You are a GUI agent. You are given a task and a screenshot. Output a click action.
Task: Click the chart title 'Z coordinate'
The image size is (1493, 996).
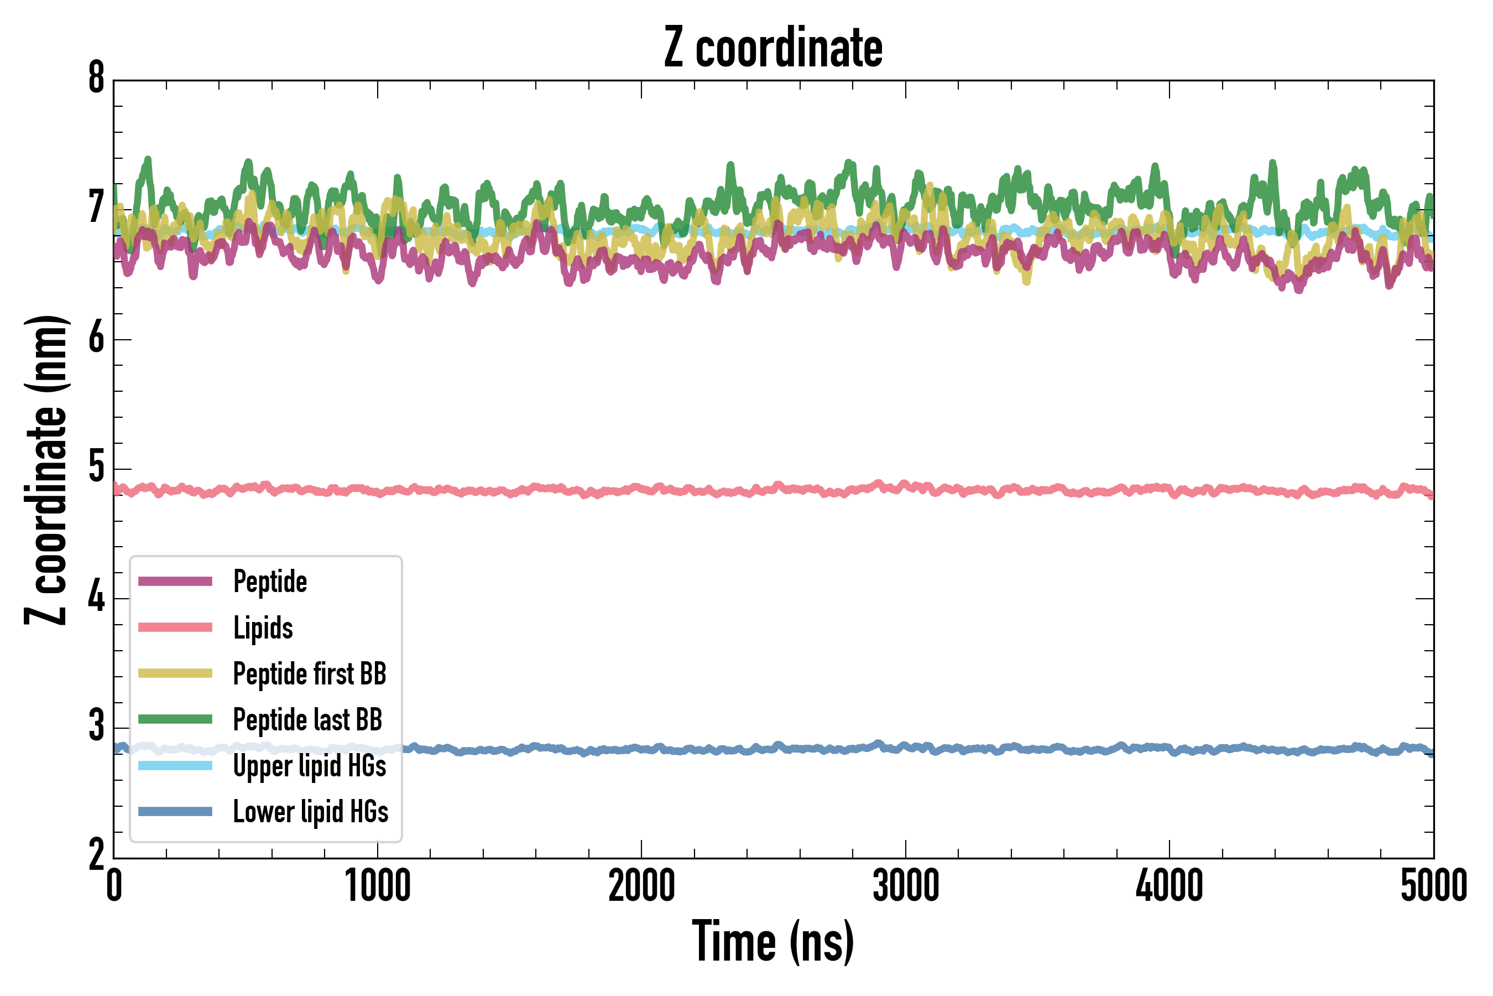772,48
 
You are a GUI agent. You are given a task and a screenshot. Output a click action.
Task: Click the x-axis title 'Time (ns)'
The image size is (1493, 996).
772,941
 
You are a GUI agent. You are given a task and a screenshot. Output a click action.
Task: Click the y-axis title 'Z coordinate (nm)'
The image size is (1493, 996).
46,470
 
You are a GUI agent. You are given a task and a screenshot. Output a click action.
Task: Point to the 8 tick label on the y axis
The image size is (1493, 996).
96,79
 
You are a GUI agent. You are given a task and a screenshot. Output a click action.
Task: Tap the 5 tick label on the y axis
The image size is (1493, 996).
96,468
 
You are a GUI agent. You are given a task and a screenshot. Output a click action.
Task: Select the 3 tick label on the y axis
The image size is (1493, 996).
96,727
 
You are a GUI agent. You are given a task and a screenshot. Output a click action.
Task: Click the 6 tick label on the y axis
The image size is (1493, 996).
96,338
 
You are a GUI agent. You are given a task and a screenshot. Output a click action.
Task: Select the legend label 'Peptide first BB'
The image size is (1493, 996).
310,674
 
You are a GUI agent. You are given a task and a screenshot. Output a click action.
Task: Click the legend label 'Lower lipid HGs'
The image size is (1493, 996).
310,812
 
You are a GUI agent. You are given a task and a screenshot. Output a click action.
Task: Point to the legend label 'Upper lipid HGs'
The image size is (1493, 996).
310,766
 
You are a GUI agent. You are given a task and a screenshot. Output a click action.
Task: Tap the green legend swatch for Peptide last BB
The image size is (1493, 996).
175,719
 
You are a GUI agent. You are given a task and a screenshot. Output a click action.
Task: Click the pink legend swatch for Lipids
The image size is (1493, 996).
175,627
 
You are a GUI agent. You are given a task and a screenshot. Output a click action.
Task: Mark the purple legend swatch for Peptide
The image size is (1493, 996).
175,581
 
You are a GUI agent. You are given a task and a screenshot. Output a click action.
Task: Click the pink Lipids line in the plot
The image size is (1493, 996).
762,490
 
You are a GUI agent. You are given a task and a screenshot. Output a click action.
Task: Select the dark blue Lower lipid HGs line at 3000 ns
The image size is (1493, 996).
905,748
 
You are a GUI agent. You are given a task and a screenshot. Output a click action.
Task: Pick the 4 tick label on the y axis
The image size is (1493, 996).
96,598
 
